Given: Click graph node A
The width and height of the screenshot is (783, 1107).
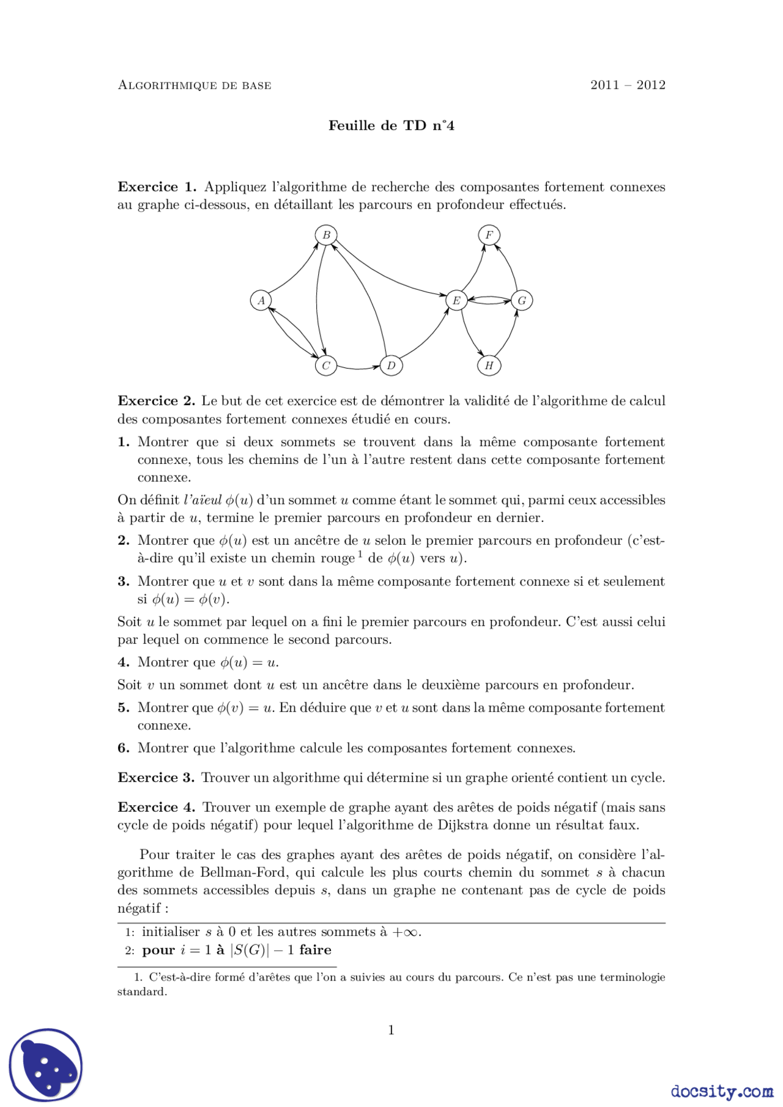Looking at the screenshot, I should (261, 300).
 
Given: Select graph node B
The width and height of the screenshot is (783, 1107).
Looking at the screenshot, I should (326, 235).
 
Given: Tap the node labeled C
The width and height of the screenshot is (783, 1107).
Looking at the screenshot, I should (326, 366).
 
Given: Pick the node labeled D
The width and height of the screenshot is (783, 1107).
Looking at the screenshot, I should (391, 366).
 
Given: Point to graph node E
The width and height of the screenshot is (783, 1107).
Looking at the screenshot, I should (456, 300).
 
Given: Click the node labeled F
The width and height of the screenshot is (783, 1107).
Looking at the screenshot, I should (489, 235).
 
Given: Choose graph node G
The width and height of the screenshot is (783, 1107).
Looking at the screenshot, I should (522, 300).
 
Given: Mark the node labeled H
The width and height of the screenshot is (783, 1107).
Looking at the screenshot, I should (489, 366).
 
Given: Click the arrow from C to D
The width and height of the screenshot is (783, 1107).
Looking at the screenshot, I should (358, 369).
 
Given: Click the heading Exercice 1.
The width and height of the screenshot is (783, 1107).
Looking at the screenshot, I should (157, 187).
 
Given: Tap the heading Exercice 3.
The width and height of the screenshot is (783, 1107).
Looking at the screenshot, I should (156, 778).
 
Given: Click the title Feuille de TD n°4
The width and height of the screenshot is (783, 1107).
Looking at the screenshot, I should (391, 126).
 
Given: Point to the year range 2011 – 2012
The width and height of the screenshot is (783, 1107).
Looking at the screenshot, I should (628, 85).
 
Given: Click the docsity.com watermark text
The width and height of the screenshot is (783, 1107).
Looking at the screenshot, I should (721, 1091).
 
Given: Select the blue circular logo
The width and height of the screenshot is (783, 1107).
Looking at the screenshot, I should (46, 1065).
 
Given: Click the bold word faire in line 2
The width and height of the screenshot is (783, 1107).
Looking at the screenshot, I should (315, 950).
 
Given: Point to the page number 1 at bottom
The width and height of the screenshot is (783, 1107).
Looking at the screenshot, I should (391, 1030).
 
